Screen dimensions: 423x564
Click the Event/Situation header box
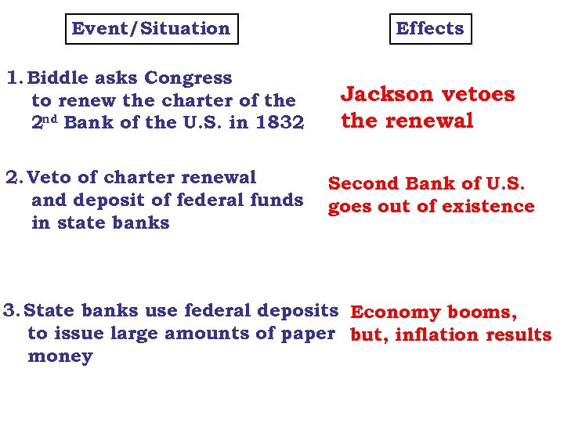[150, 29]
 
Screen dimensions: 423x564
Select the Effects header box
[430, 29]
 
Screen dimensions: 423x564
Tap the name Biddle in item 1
[56, 78]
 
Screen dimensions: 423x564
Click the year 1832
[281, 123]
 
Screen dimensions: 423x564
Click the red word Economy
[395, 313]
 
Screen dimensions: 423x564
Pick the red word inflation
[437, 335]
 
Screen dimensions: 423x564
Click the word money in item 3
[60, 356]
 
